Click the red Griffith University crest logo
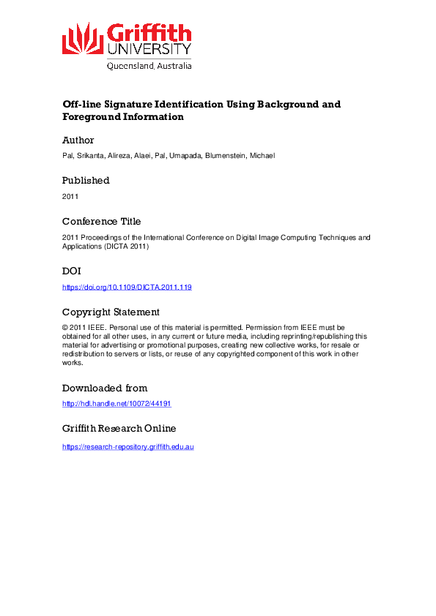coord(83,38)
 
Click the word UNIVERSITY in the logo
coord(149,50)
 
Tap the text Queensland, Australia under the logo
coord(149,66)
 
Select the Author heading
coord(78,140)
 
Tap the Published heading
coord(86,181)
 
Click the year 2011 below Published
coord(70,197)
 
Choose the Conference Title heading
coord(102,222)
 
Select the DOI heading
coord(73,271)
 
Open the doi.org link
coord(127,288)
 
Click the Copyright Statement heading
coord(111,312)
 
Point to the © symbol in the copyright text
coord(65,328)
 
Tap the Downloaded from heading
coord(105,388)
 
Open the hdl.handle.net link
coord(117,404)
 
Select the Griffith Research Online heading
coord(119,429)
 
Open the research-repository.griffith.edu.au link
coord(128,446)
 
